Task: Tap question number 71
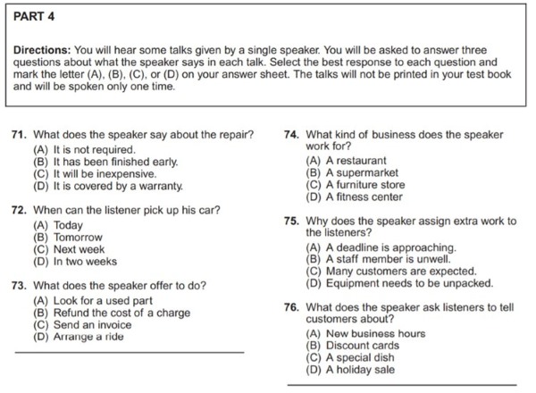18,136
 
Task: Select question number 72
18,211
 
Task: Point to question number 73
18,286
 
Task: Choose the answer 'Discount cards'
352,345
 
